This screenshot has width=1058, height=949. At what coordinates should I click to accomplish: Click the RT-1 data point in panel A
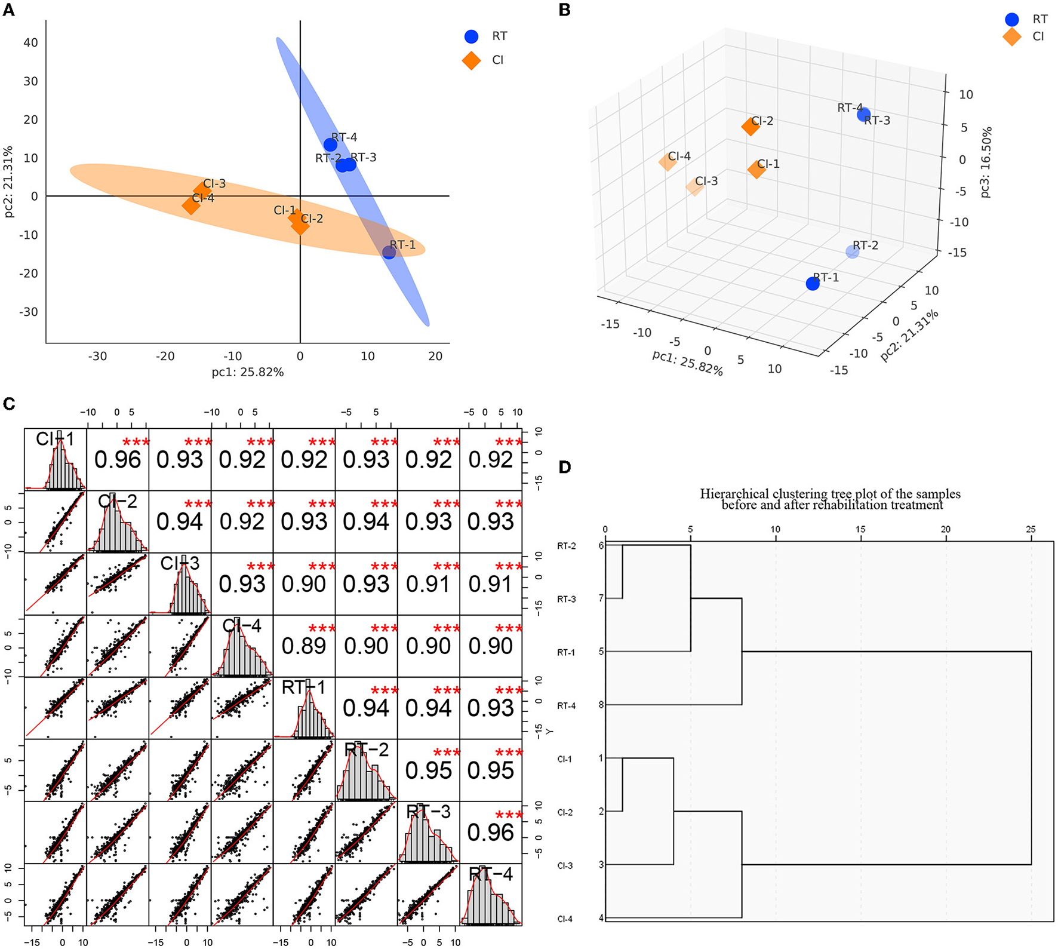click(389, 252)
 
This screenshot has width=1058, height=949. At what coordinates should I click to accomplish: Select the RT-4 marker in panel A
click(330, 145)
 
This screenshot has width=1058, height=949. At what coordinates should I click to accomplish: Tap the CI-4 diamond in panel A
click(190, 205)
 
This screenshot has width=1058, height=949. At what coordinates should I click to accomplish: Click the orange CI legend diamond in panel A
click(471, 60)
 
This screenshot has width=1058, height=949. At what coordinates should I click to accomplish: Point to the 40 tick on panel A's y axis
click(30, 42)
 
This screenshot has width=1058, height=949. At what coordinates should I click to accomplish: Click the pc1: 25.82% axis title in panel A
click(247, 373)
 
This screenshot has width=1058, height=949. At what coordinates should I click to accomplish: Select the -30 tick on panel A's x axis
click(97, 357)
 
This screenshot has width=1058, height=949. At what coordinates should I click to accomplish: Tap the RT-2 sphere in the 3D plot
click(853, 251)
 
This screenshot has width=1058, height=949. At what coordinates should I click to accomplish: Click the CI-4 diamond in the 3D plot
click(667, 162)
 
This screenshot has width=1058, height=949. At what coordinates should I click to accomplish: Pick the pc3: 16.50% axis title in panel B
click(986, 162)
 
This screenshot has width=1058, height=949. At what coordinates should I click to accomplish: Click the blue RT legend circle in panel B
click(1011, 20)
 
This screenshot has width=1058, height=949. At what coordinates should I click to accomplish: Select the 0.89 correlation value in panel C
click(304, 646)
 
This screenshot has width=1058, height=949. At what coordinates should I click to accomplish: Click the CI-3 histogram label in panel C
click(180, 563)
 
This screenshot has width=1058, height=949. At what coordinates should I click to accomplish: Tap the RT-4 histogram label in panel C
click(491, 874)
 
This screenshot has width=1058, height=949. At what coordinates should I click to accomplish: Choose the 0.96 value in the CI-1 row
click(118, 460)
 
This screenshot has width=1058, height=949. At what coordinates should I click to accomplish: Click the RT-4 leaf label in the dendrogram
click(566, 706)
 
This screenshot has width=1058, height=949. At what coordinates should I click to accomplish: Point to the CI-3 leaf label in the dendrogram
click(565, 865)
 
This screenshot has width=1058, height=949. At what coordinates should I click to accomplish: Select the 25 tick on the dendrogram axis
click(1031, 529)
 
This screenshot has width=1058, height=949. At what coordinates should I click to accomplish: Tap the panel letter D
click(565, 467)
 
